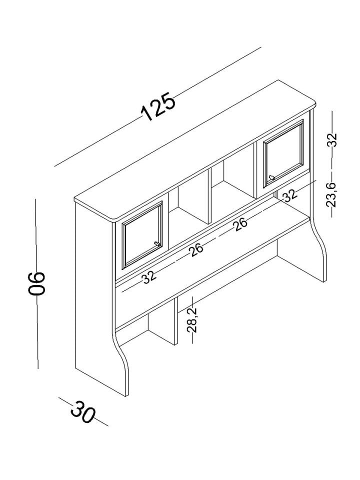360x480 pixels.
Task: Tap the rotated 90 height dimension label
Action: coord(36,283)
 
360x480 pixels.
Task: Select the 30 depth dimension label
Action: coord(83,411)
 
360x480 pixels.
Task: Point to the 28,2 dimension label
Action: coord(192,320)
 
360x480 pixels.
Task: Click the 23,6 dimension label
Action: coord(331,195)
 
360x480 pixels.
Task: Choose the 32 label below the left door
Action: coord(149,277)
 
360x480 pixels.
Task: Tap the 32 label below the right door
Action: coord(289,195)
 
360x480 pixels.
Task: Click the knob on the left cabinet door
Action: coord(156,243)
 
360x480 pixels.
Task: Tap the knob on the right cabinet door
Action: coord(271,177)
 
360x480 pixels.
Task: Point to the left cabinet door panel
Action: coord(142,235)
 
